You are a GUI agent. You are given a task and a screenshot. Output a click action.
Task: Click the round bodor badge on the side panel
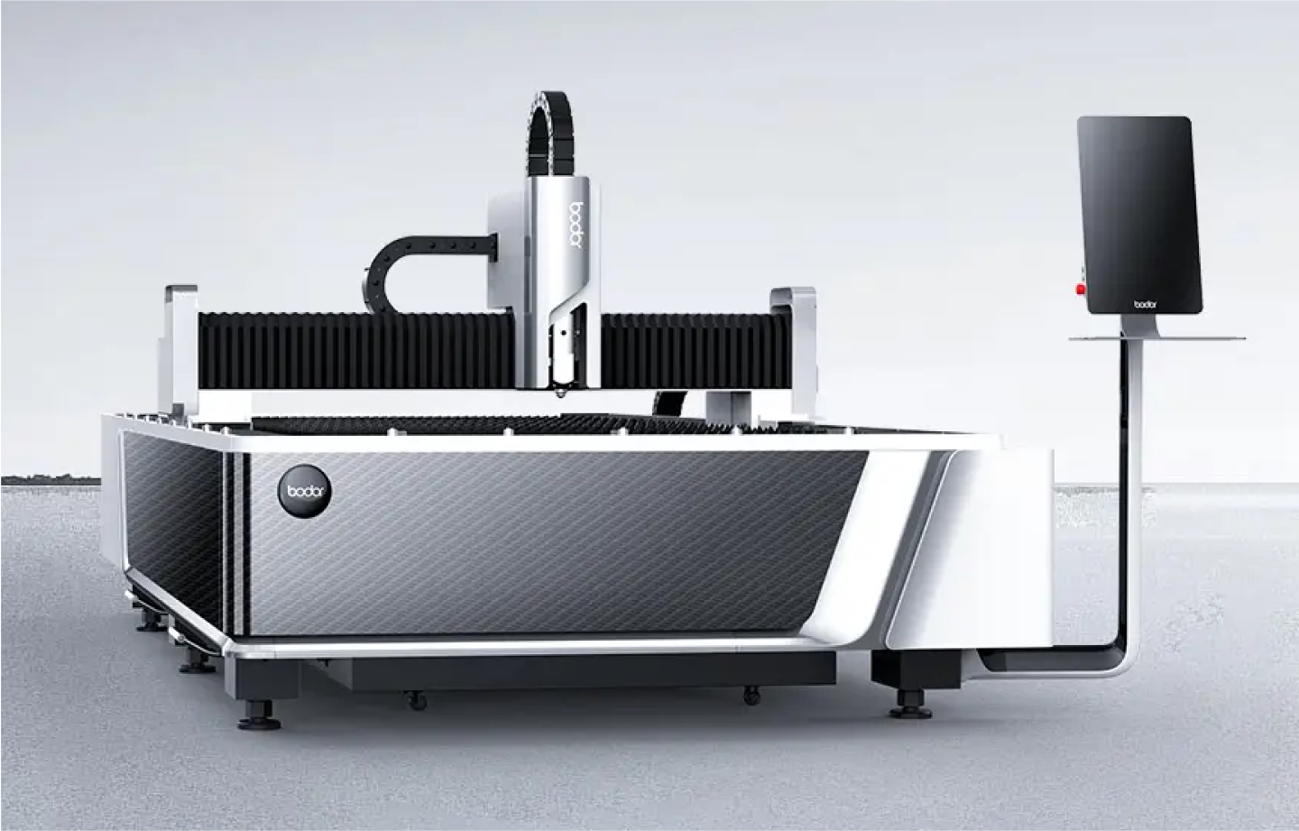pyautogui.click(x=305, y=491)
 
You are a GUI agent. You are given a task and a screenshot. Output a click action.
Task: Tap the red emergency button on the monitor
pyautogui.click(x=1081, y=289)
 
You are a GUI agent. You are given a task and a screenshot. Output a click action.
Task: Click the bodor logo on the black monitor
pyautogui.click(x=1146, y=304)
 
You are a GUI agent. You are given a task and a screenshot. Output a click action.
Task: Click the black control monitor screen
pyautogui.click(x=1139, y=215)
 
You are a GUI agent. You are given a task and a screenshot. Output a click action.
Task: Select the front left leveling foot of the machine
pyautogui.click(x=259, y=715)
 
